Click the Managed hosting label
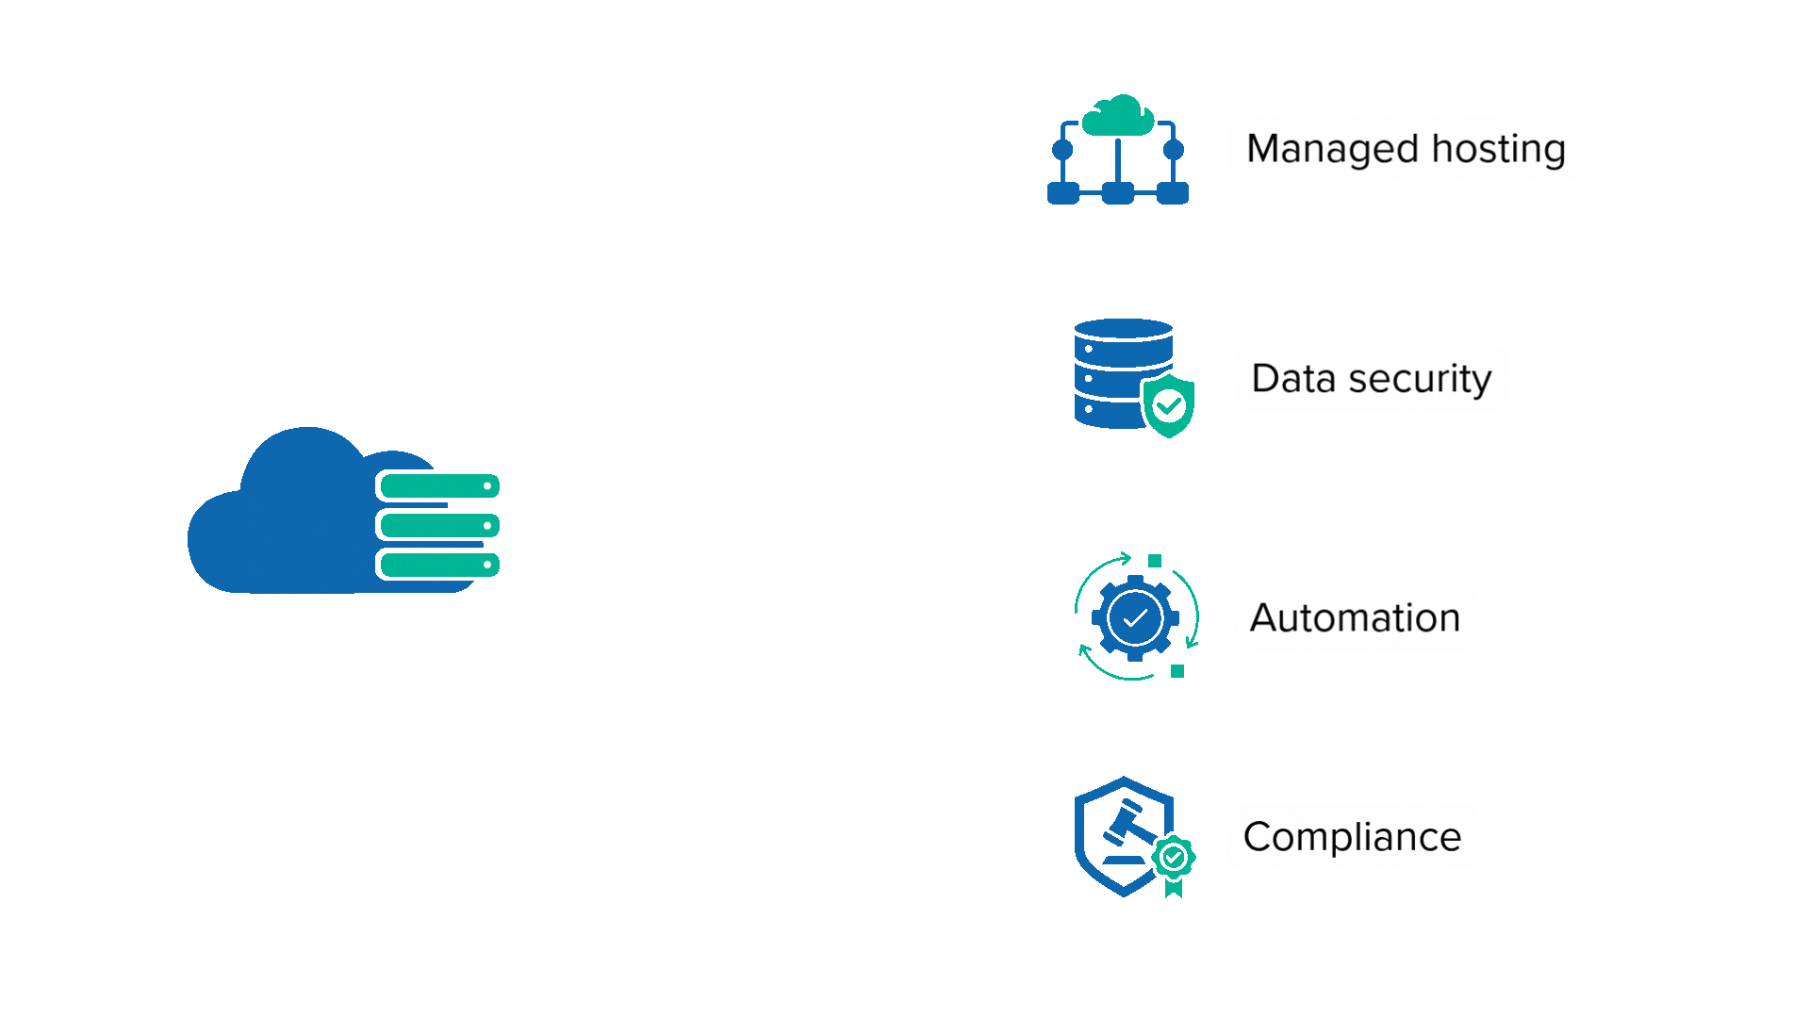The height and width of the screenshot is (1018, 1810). point(1406,148)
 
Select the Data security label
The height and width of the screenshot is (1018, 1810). point(1371,378)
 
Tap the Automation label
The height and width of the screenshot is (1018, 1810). point(1355,617)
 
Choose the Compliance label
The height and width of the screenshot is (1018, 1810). point(1352,837)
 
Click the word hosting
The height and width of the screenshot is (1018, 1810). point(1499,149)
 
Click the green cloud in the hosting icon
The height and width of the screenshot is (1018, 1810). point(1118,116)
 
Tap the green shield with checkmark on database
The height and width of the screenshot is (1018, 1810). point(1169,405)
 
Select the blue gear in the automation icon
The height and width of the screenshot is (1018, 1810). point(1135,618)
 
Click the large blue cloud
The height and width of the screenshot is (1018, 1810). point(283,528)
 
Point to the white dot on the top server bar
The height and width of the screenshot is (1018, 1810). point(487,486)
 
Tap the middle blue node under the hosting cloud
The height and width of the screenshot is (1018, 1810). point(1118,194)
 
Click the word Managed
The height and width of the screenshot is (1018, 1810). point(1332,149)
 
